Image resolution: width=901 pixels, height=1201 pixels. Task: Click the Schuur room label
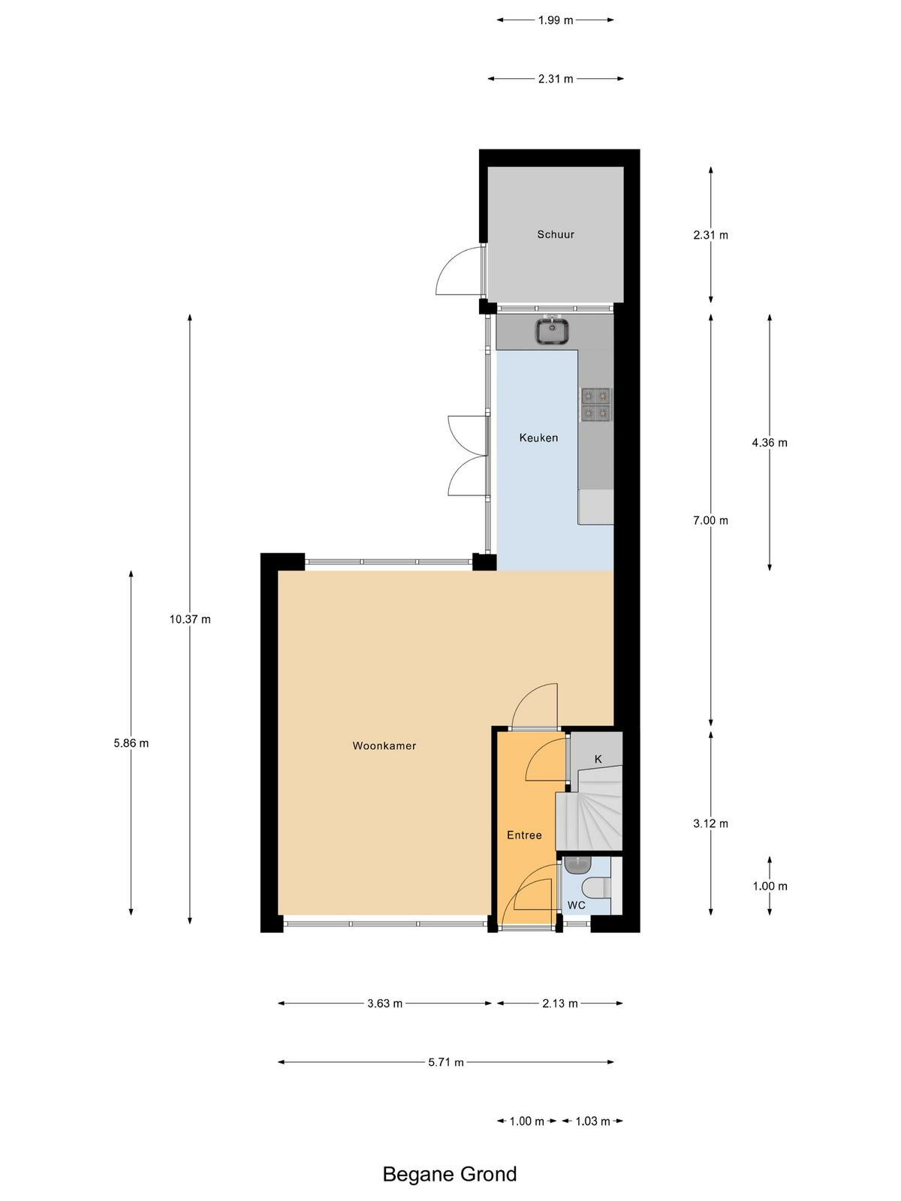(556, 234)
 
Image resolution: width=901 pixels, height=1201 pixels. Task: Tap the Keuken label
(538, 437)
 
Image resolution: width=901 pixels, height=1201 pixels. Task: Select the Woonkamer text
(384, 745)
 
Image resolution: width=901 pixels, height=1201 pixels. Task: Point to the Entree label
(524, 835)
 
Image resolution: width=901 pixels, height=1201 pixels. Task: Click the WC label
(576, 905)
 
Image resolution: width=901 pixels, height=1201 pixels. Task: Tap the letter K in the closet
(598, 759)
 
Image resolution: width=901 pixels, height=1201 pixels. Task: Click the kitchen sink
(552, 330)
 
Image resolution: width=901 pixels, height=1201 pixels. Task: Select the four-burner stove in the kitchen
(596, 405)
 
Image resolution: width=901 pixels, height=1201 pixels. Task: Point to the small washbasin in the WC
(577, 865)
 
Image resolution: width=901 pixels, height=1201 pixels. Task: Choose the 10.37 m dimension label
(190, 619)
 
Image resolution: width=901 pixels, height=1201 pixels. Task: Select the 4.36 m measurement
(769, 443)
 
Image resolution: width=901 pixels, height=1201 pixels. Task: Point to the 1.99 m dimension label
(556, 20)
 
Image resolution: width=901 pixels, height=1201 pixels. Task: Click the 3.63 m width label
(384, 1003)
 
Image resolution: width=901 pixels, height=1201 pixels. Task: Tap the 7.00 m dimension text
(710, 520)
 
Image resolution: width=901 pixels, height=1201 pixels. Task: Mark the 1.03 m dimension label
(592, 1121)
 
